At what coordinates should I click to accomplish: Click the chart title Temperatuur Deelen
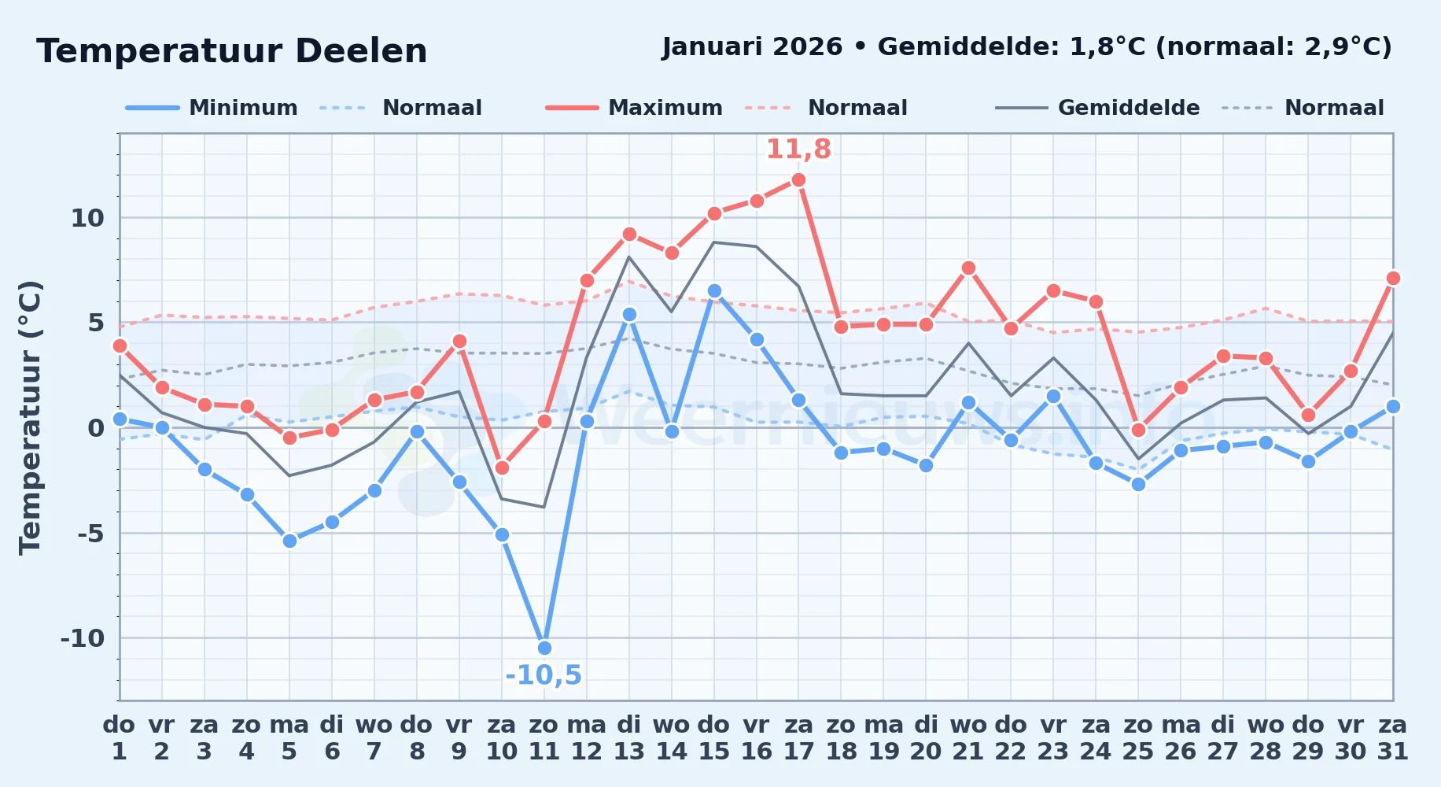pyautogui.click(x=232, y=51)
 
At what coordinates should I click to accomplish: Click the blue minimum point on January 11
pyautogui.click(x=544, y=648)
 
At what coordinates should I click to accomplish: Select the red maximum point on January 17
pyautogui.click(x=798, y=179)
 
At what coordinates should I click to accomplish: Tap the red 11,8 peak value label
pyautogui.click(x=798, y=149)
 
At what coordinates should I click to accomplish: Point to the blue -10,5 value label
pyautogui.click(x=544, y=675)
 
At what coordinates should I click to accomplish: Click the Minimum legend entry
pyautogui.click(x=212, y=108)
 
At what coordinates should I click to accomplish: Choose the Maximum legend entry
pyautogui.click(x=634, y=108)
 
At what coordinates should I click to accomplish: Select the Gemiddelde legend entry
pyautogui.click(x=1098, y=108)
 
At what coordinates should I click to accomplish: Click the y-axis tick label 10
pyautogui.click(x=87, y=218)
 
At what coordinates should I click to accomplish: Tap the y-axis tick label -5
pyautogui.click(x=90, y=534)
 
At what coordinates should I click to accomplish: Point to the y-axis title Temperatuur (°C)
pyautogui.click(x=30, y=417)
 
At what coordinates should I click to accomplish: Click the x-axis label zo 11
pyautogui.click(x=544, y=738)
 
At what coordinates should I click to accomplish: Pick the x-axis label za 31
pyautogui.click(x=1393, y=738)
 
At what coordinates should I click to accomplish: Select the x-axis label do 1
pyautogui.click(x=120, y=738)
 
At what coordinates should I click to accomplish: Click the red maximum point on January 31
pyautogui.click(x=1393, y=278)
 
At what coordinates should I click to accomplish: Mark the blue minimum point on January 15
pyautogui.click(x=714, y=290)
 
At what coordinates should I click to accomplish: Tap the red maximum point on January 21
pyautogui.click(x=968, y=268)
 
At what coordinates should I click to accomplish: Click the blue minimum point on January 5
pyautogui.click(x=289, y=541)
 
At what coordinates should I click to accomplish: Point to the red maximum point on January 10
pyautogui.click(x=502, y=467)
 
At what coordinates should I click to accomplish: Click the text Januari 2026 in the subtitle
pyautogui.click(x=752, y=47)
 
